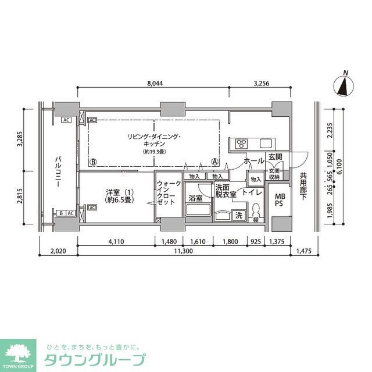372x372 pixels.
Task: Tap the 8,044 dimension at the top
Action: click(x=154, y=83)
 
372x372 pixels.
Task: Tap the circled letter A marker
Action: click(x=215, y=162)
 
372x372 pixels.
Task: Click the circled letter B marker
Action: click(x=93, y=162)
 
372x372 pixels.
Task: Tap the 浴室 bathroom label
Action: click(x=195, y=198)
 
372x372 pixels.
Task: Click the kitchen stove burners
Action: click(x=242, y=144)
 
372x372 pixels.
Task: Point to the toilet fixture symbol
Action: click(x=255, y=213)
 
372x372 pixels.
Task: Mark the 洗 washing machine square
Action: click(x=239, y=216)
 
